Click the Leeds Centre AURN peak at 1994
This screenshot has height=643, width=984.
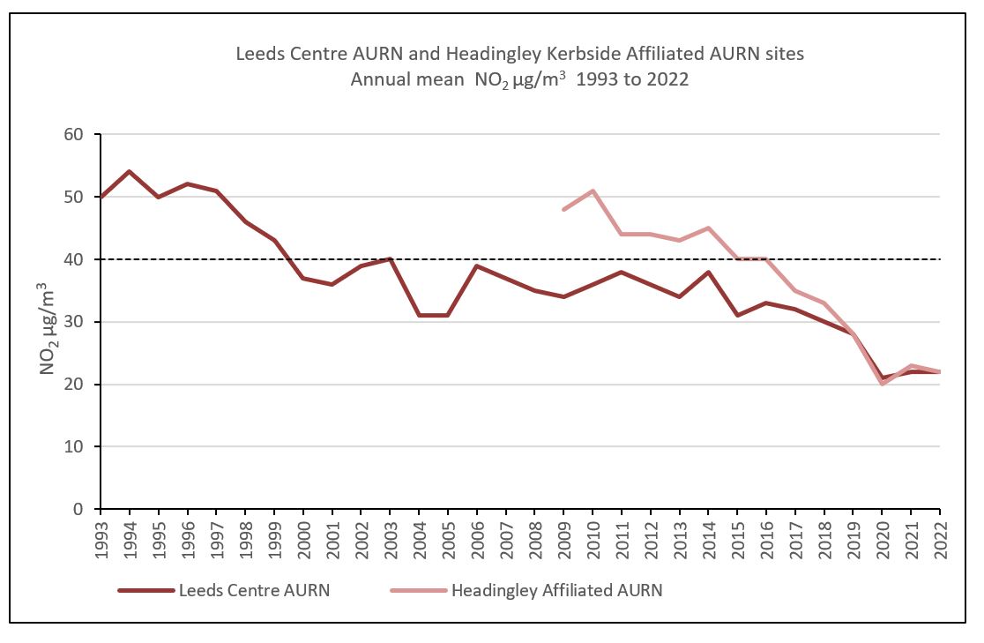click(130, 171)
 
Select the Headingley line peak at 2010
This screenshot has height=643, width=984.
click(593, 191)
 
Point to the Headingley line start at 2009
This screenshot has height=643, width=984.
click(563, 209)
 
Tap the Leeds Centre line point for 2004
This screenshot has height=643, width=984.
click(419, 315)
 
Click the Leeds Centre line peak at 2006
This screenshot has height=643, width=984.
click(477, 265)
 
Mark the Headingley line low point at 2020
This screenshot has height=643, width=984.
click(882, 384)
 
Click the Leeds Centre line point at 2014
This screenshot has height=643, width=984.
click(708, 272)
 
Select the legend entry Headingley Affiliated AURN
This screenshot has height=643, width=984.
click(556, 590)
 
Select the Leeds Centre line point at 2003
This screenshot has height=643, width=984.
click(390, 259)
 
